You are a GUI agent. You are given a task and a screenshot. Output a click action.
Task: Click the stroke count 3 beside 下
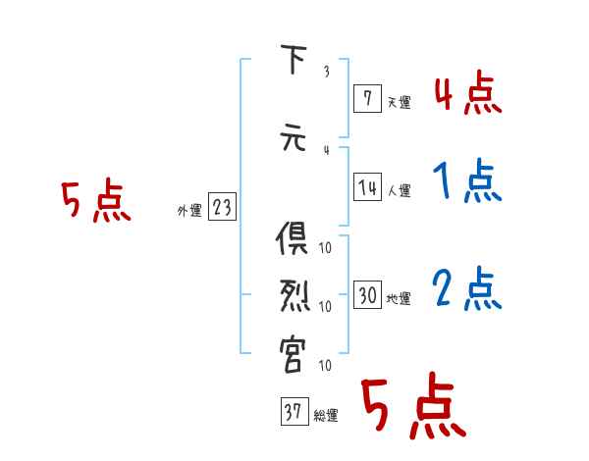tap(326, 71)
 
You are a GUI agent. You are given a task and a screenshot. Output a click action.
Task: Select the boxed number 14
tap(367, 187)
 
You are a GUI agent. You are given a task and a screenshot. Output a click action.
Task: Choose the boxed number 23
tap(222, 207)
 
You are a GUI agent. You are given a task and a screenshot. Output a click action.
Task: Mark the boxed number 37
tap(293, 412)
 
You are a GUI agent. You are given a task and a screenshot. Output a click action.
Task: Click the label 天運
tap(399, 99)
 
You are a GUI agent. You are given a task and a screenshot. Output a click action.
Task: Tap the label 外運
tap(188, 210)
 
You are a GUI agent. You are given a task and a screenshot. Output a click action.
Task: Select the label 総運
tap(325, 416)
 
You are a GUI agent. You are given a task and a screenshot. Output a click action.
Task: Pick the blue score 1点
tap(467, 181)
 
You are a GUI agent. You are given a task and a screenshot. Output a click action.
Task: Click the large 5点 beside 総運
tap(412, 408)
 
